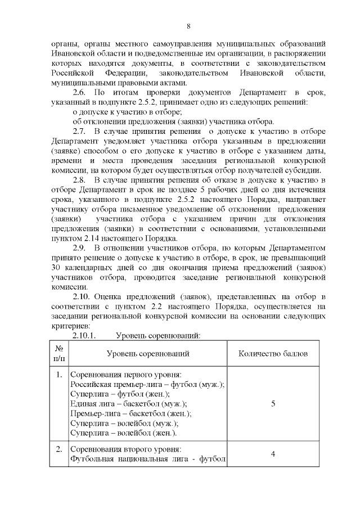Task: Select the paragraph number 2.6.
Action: tap(80, 92)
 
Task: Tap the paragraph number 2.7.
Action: tap(80, 131)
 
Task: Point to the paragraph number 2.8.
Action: tap(80, 180)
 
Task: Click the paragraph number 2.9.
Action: tap(80, 247)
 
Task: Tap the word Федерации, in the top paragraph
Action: tap(125, 73)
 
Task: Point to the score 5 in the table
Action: tap(273, 404)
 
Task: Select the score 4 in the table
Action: tap(273, 454)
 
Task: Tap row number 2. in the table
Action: tap(59, 450)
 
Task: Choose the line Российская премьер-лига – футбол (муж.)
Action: tap(147, 385)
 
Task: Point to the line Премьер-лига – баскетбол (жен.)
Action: tap(131, 413)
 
